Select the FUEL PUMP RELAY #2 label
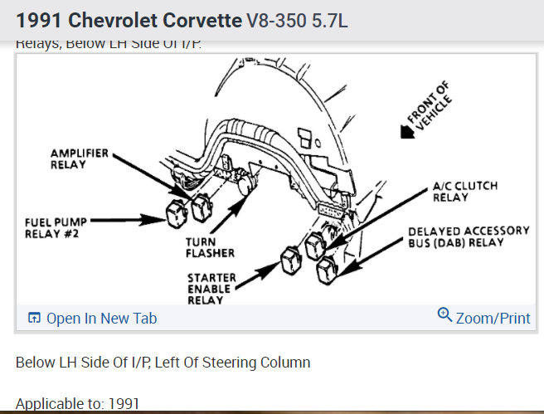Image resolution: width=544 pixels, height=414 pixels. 56,226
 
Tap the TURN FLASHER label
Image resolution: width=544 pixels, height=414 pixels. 211,246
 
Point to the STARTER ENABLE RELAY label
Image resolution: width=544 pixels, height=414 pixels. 211,288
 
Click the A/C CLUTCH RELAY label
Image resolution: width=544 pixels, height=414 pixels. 465,192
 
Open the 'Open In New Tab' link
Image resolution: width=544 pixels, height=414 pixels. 101,319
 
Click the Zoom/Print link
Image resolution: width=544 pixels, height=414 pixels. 493,319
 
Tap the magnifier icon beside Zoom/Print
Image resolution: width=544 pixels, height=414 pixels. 444,316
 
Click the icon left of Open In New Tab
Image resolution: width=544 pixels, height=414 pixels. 35,319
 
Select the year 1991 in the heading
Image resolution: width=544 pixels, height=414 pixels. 36,19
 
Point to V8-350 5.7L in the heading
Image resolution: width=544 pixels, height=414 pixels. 297,20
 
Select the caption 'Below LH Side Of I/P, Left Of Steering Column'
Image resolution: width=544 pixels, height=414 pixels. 163,363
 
